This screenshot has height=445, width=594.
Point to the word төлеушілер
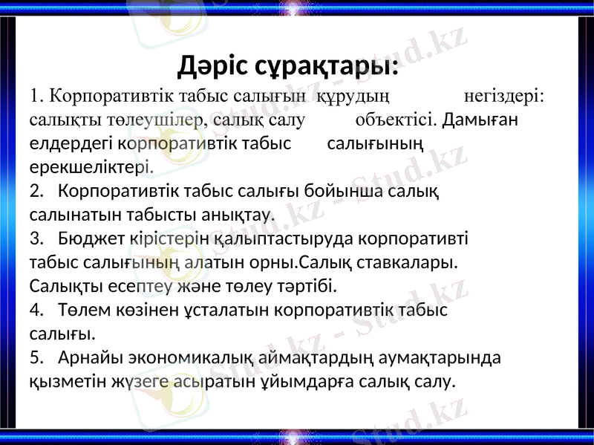[x=157, y=119]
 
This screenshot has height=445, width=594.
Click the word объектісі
[x=394, y=119]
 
